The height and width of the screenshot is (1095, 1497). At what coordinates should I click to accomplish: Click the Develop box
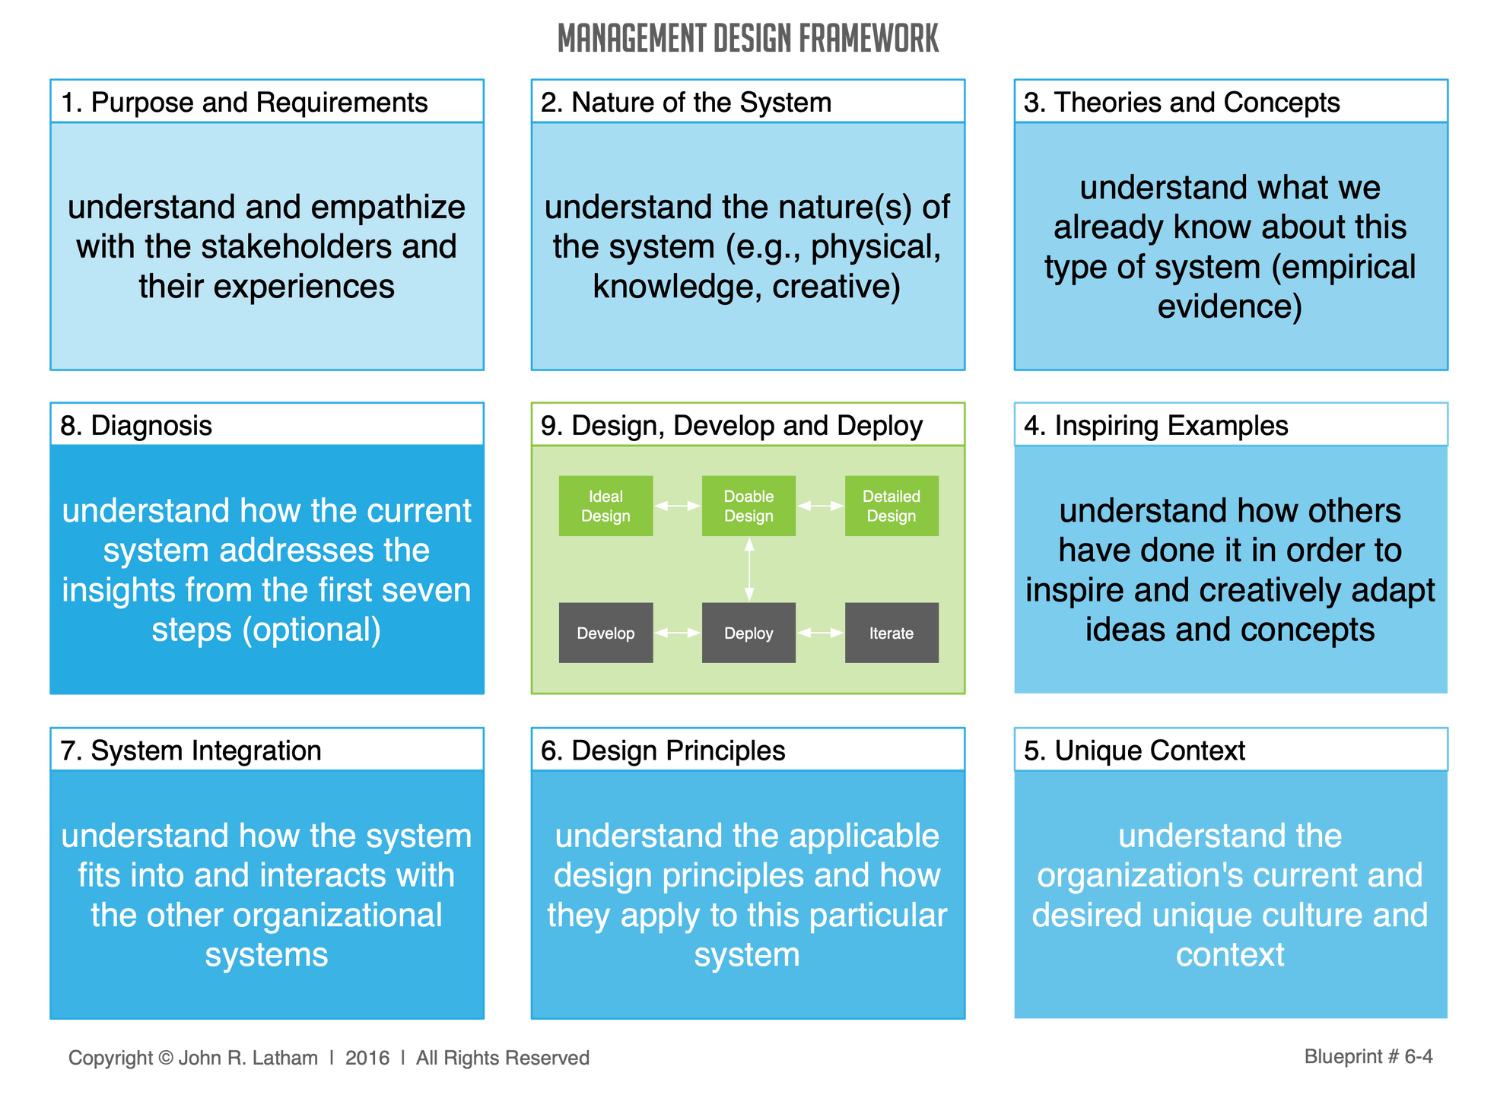[x=605, y=633]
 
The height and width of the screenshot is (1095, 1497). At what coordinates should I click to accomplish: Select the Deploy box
[x=748, y=633]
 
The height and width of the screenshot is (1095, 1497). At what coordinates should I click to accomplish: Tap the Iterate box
[x=892, y=633]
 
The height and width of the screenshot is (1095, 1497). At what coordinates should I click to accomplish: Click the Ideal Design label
[x=605, y=506]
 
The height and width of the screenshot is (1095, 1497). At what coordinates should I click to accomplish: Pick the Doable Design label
[x=748, y=506]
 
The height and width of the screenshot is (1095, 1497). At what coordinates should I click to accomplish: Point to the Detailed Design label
[x=892, y=506]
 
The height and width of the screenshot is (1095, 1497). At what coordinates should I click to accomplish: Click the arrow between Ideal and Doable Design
[x=678, y=506]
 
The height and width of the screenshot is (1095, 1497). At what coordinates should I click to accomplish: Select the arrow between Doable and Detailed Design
[x=821, y=506]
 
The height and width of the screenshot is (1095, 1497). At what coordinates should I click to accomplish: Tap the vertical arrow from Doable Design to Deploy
[x=749, y=569]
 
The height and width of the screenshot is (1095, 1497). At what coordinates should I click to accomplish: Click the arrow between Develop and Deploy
[x=678, y=633]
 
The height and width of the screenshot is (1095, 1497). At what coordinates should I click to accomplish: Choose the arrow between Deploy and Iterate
[x=821, y=633]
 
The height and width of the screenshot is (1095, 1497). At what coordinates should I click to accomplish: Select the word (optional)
[x=312, y=630]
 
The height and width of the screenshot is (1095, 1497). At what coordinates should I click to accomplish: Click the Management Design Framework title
[x=748, y=38]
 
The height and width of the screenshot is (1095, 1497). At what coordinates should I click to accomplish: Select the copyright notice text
[x=329, y=1057]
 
